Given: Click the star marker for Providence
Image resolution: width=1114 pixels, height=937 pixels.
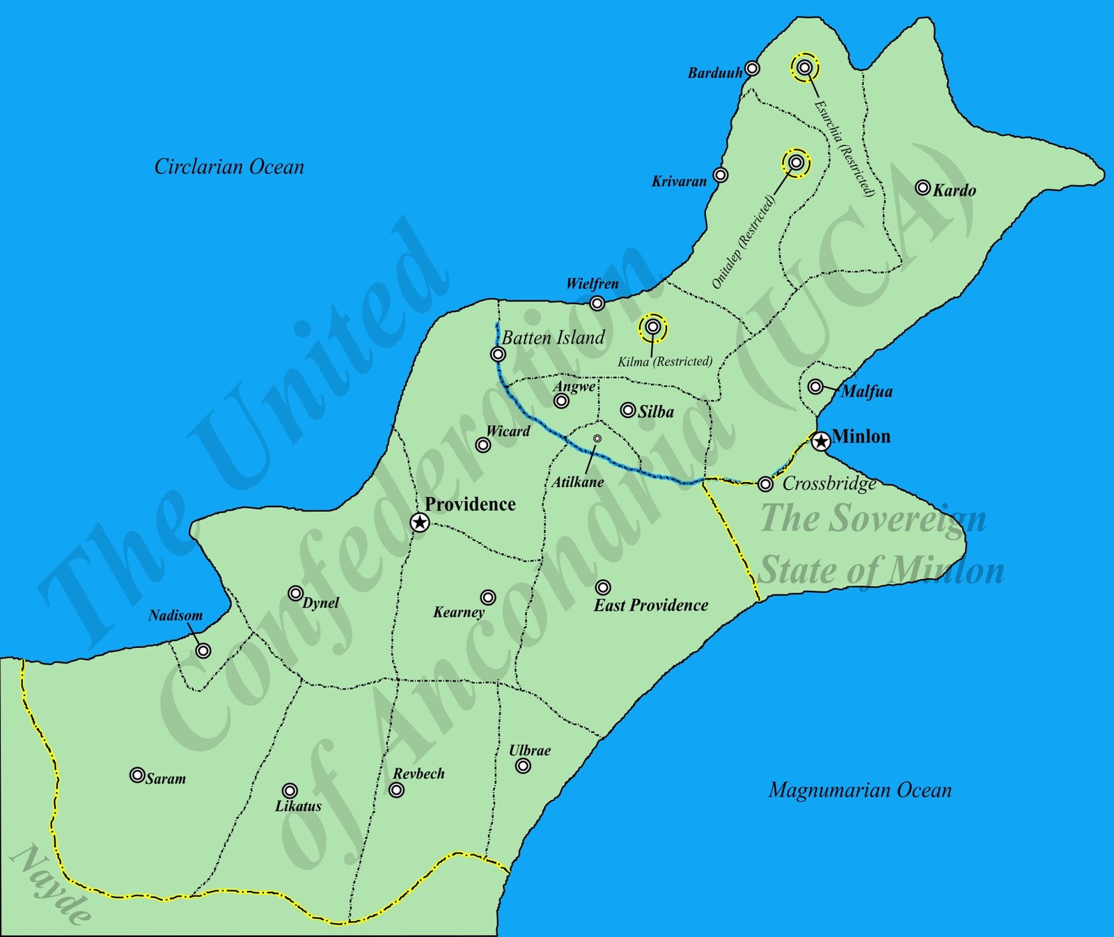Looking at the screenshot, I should pos(419,522).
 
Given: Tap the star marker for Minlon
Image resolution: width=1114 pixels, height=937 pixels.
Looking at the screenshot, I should pos(822,440).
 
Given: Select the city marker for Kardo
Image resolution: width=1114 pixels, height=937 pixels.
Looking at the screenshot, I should pos(923,187).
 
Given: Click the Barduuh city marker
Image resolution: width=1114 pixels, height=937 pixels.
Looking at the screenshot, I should pos(752,68).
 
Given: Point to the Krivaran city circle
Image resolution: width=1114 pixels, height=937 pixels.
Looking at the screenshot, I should pos(721,175).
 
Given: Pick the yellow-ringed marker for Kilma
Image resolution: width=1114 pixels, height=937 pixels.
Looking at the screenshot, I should pos(652,327).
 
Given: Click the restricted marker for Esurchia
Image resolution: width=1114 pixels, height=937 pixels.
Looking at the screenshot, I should pos(805,68).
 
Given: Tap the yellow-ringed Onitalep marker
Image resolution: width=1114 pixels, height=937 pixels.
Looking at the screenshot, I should pos(797,163).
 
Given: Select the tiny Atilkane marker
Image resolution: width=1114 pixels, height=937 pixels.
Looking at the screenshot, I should pos(597,438).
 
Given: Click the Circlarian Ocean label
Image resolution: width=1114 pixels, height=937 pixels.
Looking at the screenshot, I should pos(229,167).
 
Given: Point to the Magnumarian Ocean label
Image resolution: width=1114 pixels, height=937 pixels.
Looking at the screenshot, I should pos(860,790).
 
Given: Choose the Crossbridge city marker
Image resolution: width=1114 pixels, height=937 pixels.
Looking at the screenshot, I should pos(766,483).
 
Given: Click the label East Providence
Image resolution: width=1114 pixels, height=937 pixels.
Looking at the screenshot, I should pos(651,605).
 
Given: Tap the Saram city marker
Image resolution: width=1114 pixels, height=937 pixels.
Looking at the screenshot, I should pos(137,775).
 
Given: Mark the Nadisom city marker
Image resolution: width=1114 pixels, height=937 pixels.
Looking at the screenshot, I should pos(203,651).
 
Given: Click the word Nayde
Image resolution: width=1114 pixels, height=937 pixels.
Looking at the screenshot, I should pos(51,884).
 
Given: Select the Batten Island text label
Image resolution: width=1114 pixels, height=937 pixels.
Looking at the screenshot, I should pos(554,338).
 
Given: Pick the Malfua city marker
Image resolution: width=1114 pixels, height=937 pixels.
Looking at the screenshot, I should pos(815,387).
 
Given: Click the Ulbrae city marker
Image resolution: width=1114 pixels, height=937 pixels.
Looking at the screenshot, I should pos(523,766).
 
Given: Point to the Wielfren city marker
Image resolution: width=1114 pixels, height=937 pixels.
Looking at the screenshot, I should pos(597,303).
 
